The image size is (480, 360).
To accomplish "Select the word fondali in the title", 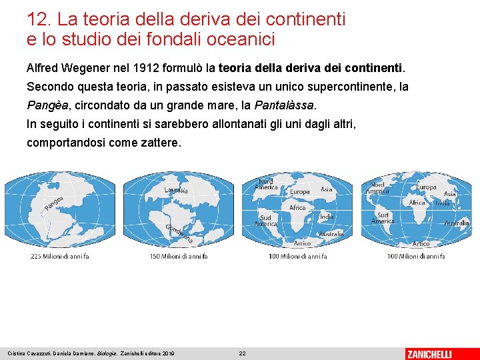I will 161,39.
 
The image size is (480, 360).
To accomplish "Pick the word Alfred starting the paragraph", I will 42,68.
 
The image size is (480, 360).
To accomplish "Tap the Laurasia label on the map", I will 176,191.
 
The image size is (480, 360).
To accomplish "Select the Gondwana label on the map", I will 179,233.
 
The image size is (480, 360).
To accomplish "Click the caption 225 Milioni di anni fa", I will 59,257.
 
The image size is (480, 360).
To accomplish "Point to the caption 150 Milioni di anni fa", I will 178,257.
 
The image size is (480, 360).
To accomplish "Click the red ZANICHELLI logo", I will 438,353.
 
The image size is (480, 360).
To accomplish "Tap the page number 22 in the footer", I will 243,353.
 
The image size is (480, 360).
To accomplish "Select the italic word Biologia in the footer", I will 107,353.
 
